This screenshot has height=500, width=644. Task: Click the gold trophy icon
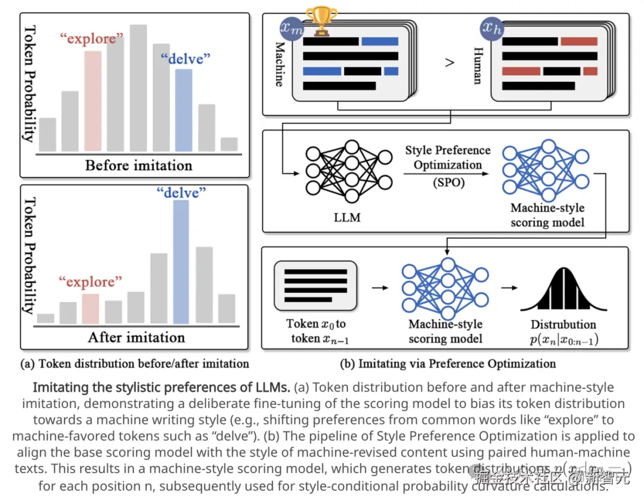(321, 22)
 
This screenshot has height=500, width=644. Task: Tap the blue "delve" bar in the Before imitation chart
(184, 110)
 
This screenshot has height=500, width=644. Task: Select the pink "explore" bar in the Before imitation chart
(92, 101)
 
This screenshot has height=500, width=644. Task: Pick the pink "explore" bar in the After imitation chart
(90, 308)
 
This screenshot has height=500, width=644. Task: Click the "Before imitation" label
(138, 165)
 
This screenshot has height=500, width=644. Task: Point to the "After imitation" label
(137, 337)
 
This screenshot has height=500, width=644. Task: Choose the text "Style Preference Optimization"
(448, 158)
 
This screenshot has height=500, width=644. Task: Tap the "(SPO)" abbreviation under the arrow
(448, 183)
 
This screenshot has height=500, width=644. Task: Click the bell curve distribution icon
(563, 291)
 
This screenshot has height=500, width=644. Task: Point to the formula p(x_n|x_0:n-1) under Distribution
(563, 340)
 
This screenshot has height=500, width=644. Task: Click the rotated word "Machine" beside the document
(279, 63)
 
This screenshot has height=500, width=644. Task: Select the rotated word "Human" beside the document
(478, 66)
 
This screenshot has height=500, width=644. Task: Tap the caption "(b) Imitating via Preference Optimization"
(447, 363)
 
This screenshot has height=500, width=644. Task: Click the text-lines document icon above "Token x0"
(315, 285)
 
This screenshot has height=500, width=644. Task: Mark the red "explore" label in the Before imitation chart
(92, 39)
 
